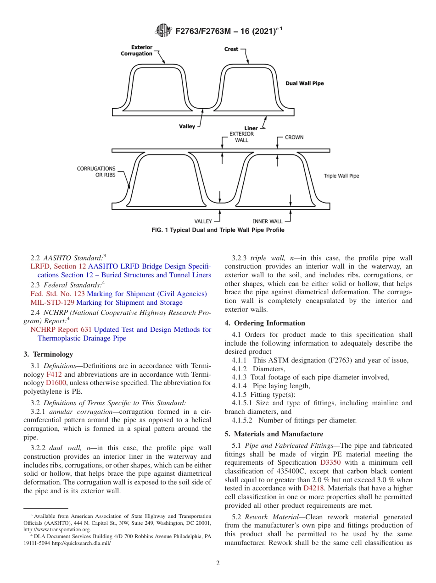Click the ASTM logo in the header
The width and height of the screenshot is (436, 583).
(163, 31)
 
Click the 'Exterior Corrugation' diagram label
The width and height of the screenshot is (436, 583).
(136, 50)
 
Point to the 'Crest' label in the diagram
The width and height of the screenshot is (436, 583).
(231, 49)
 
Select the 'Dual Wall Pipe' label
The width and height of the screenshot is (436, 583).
(304, 83)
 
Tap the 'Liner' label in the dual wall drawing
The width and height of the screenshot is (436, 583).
(251, 128)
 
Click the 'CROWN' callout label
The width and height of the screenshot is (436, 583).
(294, 137)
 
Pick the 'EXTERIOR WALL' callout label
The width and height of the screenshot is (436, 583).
(241, 137)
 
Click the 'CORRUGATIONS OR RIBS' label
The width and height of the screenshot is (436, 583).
(96, 172)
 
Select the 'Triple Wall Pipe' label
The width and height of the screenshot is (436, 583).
(341, 176)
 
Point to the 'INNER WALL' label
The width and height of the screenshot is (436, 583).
(268, 221)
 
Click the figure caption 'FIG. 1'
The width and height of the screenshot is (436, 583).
(218, 230)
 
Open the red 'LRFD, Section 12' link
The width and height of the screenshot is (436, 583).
(58, 266)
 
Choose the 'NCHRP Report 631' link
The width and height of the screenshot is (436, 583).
(61, 330)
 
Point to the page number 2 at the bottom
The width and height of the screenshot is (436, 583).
(218, 563)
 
